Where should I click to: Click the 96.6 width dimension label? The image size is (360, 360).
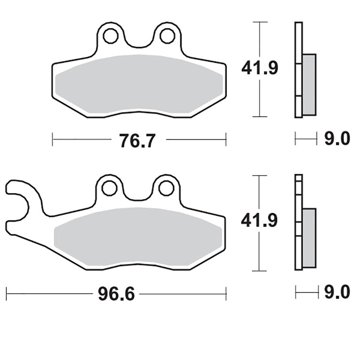(x=116, y=294)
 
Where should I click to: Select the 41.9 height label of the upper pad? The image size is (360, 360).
(x=260, y=68)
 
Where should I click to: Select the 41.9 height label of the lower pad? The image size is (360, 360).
(x=259, y=220)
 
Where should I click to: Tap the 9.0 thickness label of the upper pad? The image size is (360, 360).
(x=337, y=139)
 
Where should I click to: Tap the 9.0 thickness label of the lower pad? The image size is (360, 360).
(x=337, y=292)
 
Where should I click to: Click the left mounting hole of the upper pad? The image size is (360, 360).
(x=111, y=36)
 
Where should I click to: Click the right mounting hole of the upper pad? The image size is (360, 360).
(x=168, y=36)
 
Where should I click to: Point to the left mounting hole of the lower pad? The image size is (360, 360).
(x=110, y=188)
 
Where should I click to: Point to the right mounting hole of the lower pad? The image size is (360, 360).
(x=166, y=188)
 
